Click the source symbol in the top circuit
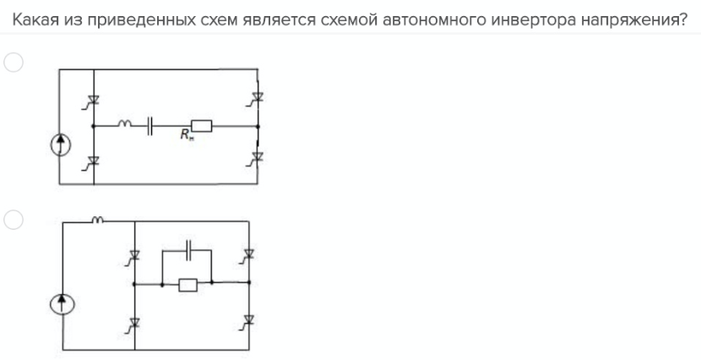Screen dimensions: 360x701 click(x=59, y=145)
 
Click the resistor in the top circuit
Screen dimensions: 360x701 click(x=202, y=126)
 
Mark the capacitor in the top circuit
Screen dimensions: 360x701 click(x=150, y=126)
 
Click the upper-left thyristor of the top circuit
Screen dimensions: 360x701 click(x=94, y=102)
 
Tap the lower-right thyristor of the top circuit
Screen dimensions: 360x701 click(x=258, y=156)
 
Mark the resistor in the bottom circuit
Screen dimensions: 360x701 click(x=187, y=286)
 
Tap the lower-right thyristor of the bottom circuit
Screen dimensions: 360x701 click(x=248, y=322)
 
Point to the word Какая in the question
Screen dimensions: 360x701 click(x=34, y=17)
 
